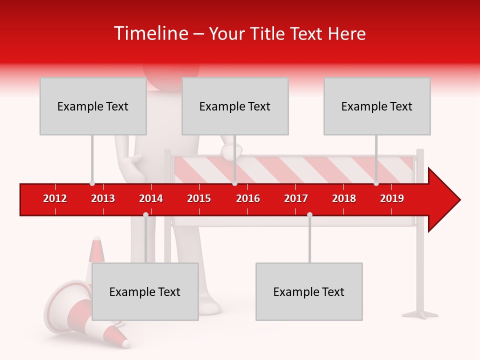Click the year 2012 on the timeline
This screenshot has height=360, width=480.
click(x=55, y=198)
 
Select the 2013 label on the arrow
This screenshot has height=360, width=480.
click(x=103, y=198)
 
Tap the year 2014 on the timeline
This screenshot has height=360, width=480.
click(x=151, y=198)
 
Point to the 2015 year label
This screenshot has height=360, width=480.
click(x=199, y=198)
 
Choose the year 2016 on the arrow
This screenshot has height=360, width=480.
click(x=248, y=198)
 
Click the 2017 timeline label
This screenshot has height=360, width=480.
click(x=296, y=198)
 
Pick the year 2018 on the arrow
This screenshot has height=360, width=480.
click(x=344, y=198)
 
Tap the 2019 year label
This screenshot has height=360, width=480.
click(x=392, y=198)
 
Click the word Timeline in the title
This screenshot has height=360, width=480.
click(x=150, y=33)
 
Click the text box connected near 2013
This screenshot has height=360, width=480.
click(x=93, y=106)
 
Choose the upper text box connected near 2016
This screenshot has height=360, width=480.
click(x=235, y=106)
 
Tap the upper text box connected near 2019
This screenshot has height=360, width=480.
click(x=377, y=106)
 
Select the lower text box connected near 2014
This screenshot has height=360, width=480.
click(x=145, y=291)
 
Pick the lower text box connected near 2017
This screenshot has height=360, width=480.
click(x=309, y=291)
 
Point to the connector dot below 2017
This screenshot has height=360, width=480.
click(x=309, y=214)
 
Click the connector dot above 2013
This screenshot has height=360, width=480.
click(x=92, y=183)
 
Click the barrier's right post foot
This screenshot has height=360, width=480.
click(x=420, y=314)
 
